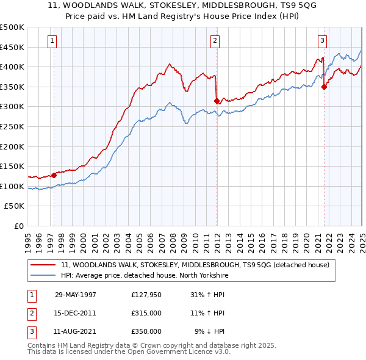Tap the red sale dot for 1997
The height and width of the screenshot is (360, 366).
[54, 175]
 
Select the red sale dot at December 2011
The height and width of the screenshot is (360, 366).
[217, 101]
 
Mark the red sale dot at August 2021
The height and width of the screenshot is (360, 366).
[324, 87]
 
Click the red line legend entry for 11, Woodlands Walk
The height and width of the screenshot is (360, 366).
[195, 265]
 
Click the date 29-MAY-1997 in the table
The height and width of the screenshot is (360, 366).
[76, 295]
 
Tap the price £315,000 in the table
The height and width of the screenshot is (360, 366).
[146, 313]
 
